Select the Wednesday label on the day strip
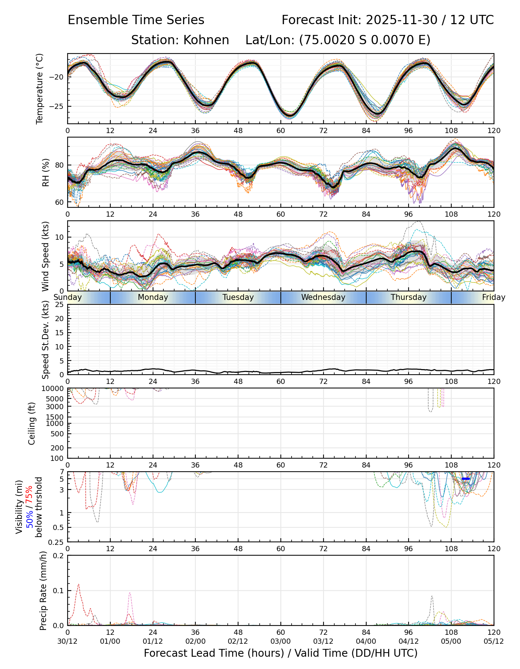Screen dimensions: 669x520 323,297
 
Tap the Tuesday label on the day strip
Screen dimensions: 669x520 238,297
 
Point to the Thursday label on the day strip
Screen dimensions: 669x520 409,297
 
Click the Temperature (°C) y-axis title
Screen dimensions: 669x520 40,88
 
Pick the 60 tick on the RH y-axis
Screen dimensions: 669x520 60,203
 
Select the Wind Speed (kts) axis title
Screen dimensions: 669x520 45,256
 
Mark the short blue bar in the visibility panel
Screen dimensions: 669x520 466,479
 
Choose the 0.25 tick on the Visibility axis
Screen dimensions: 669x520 57,542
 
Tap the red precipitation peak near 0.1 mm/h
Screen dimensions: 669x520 78,585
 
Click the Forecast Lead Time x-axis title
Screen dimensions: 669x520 281,653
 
